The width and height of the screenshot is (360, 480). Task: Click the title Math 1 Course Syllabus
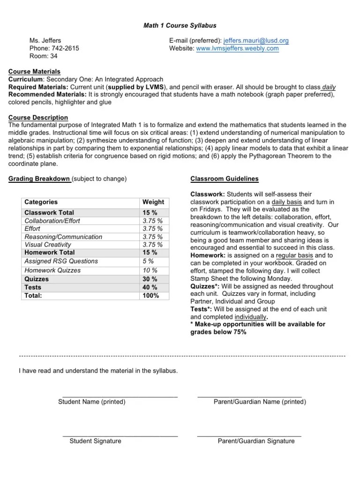point(180,25)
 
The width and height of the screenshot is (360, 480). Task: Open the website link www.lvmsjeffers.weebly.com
point(237,48)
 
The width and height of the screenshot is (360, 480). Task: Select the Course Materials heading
point(35,72)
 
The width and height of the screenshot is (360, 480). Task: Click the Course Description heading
point(38,118)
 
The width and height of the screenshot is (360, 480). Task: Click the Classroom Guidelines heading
point(224,179)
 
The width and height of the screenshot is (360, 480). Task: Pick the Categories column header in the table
point(41,202)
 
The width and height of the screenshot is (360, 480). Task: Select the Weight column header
point(153,202)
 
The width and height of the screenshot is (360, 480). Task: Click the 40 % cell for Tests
point(150,287)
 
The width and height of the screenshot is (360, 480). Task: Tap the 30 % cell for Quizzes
point(150,279)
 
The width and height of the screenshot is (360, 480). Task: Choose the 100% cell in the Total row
point(151,296)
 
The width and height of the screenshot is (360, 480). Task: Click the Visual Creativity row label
point(48,245)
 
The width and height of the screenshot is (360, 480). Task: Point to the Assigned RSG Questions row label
point(61,261)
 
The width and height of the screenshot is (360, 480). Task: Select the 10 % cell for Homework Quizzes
point(150,270)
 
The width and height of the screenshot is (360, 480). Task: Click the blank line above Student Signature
point(120,435)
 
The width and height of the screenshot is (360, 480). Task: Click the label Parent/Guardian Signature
point(256,441)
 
